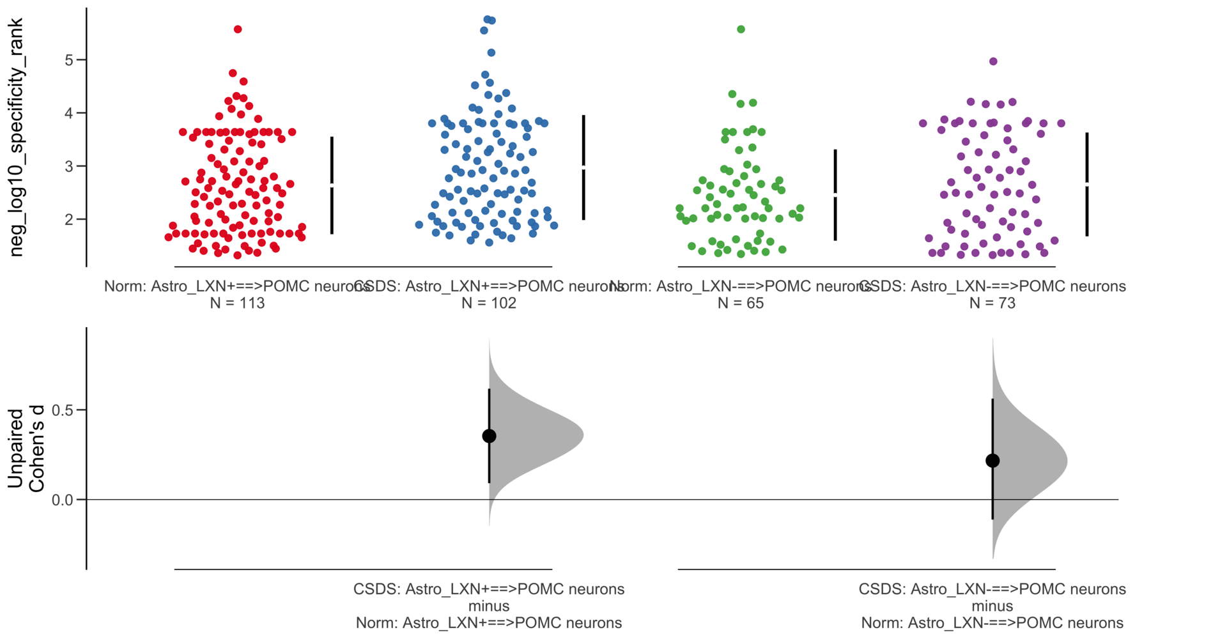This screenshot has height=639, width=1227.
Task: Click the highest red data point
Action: click(x=238, y=29)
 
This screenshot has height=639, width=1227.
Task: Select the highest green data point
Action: click(x=741, y=29)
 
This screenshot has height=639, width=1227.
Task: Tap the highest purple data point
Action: click(x=993, y=61)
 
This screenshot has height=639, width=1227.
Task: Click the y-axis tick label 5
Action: click(x=70, y=60)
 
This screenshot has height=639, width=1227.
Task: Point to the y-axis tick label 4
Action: click(x=70, y=113)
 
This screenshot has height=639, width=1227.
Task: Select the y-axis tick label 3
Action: click(x=70, y=166)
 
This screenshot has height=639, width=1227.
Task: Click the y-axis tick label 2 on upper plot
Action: click(x=70, y=219)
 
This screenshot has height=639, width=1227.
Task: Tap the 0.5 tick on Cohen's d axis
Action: click(x=63, y=410)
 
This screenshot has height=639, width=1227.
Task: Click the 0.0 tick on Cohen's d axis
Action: click(x=63, y=500)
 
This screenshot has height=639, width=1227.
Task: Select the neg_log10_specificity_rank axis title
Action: click(x=16, y=137)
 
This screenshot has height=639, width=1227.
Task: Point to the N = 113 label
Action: click(x=237, y=303)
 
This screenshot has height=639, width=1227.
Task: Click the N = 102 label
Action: click(x=489, y=303)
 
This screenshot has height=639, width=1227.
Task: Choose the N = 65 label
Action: click(x=741, y=303)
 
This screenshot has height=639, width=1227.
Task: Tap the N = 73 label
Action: click(x=992, y=303)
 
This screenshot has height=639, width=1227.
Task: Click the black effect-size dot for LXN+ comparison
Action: click(x=489, y=436)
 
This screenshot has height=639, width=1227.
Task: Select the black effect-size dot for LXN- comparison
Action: click(x=992, y=461)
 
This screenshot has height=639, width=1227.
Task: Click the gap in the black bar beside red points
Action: click(x=332, y=185)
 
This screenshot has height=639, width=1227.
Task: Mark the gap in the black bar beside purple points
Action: click(x=1087, y=184)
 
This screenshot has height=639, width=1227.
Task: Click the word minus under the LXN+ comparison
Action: click(x=489, y=606)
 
